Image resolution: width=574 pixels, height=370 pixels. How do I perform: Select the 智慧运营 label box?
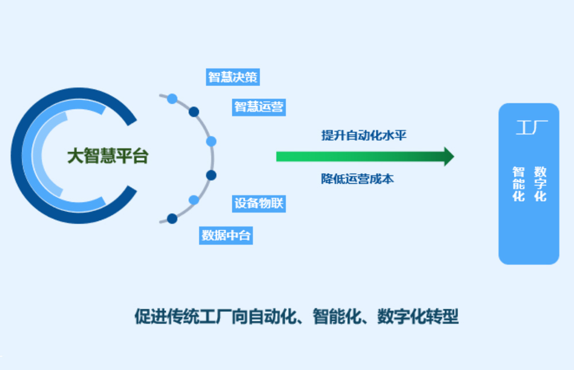[x=259, y=107]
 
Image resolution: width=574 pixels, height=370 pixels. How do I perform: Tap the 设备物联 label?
[x=259, y=203]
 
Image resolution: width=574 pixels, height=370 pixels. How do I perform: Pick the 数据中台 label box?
[x=226, y=235]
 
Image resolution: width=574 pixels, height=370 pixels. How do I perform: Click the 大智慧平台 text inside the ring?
[x=107, y=156]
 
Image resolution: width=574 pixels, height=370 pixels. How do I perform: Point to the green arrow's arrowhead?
[x=448, y=156]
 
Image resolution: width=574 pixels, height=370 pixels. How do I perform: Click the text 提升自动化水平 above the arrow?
[x=364, y=136]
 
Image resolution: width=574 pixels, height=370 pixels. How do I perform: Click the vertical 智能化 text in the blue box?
[x=519, y=184]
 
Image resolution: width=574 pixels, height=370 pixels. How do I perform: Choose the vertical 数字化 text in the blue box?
[x=540, y=184]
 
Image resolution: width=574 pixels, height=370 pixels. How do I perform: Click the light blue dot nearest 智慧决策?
[x=172, y=98]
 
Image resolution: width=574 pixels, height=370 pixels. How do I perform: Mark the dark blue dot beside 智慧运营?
[x=194, y=111]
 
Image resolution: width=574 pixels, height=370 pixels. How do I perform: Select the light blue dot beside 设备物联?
[x=194, y=200]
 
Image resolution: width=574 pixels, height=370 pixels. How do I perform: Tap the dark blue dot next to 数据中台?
[x=172, y=218]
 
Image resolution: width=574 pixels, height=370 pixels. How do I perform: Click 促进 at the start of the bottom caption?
[x=145, y=316]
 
